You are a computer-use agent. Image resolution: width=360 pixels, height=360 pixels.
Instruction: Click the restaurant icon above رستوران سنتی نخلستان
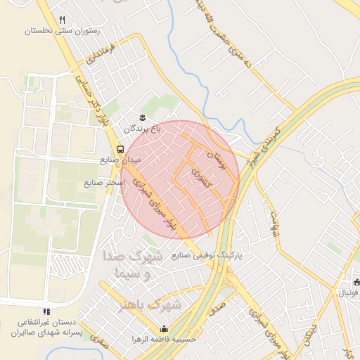tap(63, 20)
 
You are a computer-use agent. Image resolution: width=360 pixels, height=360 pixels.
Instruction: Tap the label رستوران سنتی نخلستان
tap(63, 31)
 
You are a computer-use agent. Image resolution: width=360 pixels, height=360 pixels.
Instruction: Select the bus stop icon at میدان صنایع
tap(121, 149)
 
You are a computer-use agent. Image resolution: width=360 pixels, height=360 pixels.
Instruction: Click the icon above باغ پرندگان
tap(142, 117)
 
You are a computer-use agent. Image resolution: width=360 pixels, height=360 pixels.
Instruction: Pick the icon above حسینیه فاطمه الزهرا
tap(164, 328)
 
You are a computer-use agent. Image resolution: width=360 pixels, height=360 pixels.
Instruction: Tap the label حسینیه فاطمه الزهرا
tap(164, 339)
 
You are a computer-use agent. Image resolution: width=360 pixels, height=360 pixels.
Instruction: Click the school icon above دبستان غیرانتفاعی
tap(46, 311)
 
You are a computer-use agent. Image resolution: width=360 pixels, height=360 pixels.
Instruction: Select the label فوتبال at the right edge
tap(349, 292)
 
